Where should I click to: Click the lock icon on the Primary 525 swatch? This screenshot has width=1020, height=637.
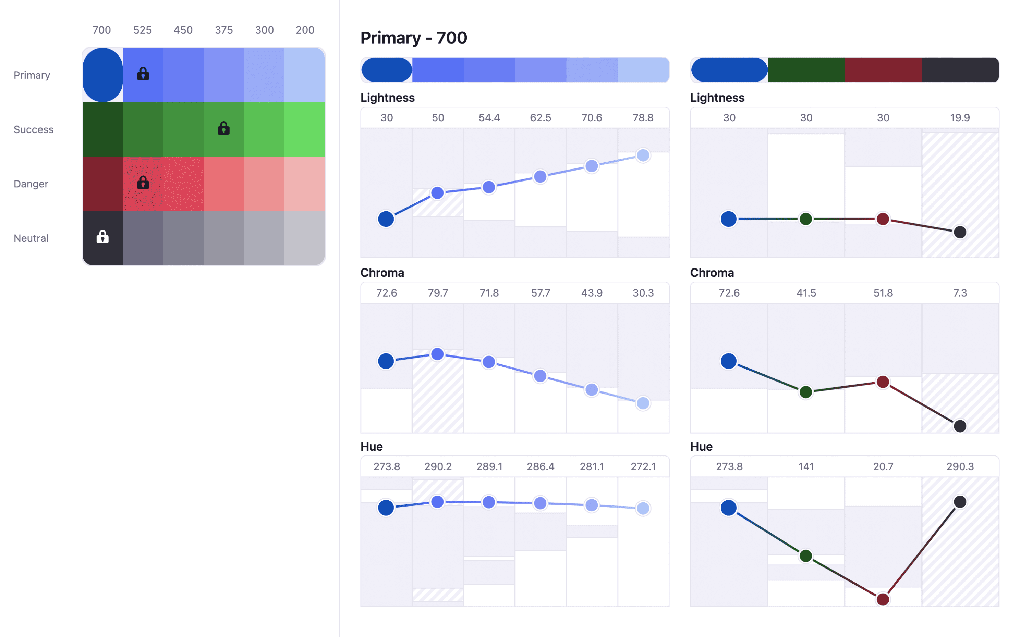[x=143, y=74]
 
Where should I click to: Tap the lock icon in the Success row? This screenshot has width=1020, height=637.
[x=223, y=128]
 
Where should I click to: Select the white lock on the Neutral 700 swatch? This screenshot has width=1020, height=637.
[x=102, y=237]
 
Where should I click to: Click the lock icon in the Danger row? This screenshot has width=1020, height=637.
[x=143, y=183]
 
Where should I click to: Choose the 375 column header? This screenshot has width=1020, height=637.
[x=223, y=30]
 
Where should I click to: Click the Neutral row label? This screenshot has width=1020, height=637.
[x=31, y=238]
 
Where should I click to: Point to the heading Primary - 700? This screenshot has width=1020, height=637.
[x=413, y=38]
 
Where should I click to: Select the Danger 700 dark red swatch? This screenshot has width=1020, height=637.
[x=102, y=183]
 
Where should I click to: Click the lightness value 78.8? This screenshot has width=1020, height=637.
[x=643, y=117]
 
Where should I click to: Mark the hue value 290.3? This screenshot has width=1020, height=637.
[x=960, y=466]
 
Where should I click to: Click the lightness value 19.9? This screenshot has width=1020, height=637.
[x=960, y=117]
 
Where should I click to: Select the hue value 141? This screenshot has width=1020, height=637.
[x=806, y=466]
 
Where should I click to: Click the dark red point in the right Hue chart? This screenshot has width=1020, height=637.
[x=883, y=599]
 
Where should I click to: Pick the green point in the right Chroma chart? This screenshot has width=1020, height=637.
[x=805, y=392]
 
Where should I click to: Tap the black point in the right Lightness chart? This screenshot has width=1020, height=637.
[x=960, y=232]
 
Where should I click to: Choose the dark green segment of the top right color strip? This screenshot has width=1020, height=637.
[x=806, y=70]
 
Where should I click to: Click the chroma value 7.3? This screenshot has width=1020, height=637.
[x=960, y=293]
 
